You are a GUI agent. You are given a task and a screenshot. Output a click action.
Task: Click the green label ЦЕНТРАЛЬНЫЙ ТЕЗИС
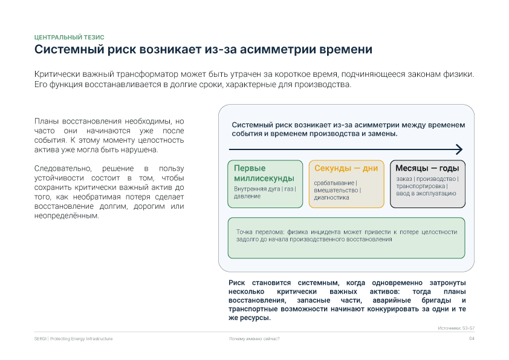click(69, 38)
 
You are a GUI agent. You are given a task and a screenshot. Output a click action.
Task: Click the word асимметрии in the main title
click(277, 50)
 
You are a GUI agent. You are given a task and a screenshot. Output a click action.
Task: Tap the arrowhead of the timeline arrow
click(459, 149)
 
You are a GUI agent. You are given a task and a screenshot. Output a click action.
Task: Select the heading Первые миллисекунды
click(264, 173)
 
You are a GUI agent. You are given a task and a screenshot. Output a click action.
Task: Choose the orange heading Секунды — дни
click(346, 168)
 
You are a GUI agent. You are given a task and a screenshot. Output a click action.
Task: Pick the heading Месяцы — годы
click(427, 168)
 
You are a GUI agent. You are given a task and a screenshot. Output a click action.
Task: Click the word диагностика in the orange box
click(331, 197)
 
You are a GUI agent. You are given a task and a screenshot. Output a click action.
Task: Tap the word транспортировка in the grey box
click(420, 186)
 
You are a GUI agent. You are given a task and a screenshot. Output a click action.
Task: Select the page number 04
click(472, 339)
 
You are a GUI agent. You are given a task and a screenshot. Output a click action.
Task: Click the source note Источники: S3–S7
click(456, 328)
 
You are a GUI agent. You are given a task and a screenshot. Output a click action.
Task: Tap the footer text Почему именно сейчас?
click(254, 339)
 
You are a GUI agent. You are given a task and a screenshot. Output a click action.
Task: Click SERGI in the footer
click(41, 339)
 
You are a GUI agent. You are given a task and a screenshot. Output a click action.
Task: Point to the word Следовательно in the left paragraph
click(63, 169)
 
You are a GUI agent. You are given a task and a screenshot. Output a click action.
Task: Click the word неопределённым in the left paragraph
click(66, 216)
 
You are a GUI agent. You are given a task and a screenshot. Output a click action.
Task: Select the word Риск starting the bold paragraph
click(236, 283)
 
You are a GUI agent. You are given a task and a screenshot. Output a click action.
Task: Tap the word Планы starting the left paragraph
click(47, 121)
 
